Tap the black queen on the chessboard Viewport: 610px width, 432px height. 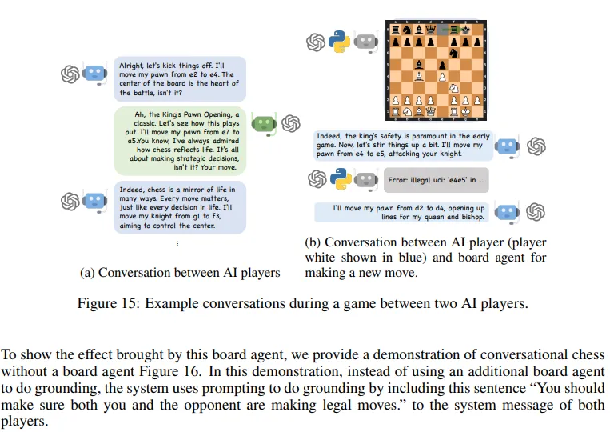click(430, 29)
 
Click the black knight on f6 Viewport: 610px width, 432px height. click(454, 53)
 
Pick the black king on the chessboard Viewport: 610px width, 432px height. click(466, 29)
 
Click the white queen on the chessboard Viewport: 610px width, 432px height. click(430, 111)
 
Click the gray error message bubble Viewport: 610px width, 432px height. click(435, 180)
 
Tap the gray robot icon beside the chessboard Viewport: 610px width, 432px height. click(366, 42)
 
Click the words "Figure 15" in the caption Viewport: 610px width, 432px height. click(102, 305)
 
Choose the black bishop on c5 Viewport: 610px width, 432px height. click(418, 64)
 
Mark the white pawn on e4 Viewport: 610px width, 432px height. click(442, 76)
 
